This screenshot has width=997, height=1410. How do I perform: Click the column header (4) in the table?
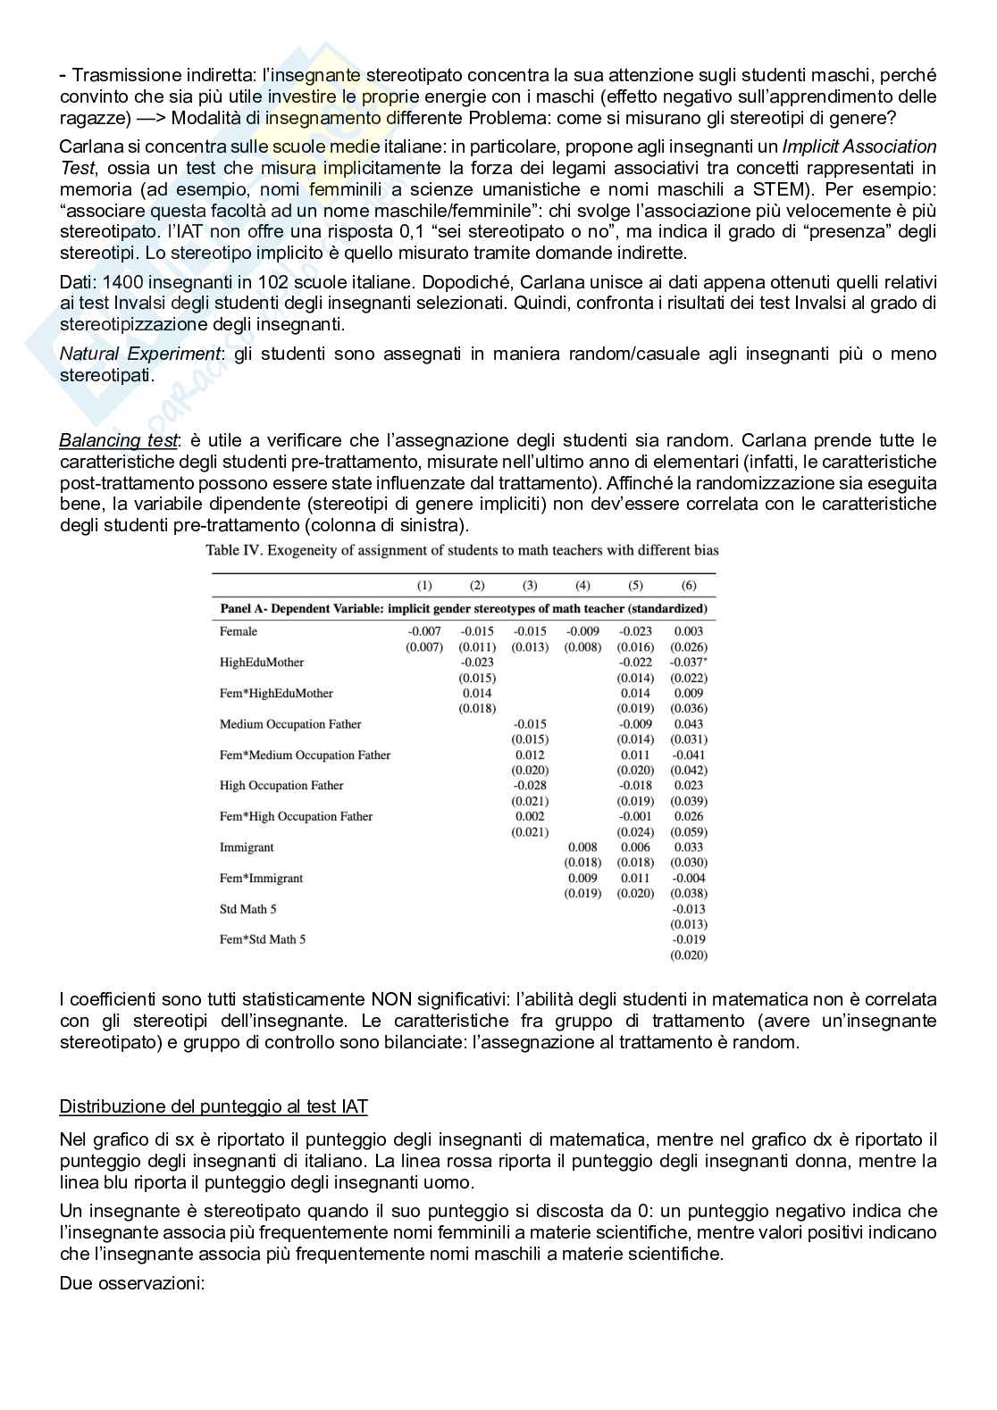(x=582, y=585)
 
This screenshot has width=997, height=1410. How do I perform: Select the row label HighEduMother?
(x=261, y=663)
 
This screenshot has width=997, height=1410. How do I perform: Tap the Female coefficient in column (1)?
(x=424, y=631)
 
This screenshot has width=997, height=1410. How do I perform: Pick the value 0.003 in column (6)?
(x=689, y=631)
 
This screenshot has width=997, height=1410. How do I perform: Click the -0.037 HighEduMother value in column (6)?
(x=689, y=663)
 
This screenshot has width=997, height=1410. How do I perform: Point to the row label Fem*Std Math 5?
(x=263, y=939)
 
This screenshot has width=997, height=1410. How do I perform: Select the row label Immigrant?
(x=247, y=847)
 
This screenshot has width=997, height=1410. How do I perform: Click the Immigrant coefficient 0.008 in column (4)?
(x=582, y=847)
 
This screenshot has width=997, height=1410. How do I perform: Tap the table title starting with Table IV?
(x=462, y=550)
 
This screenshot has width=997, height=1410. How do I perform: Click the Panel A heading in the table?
(x=463, y=609)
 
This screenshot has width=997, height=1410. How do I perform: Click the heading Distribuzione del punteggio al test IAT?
(x=214, y=1107)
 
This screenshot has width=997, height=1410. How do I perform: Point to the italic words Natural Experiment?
(x=139, y=355)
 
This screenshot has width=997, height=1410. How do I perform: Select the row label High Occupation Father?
(x=281, y=786)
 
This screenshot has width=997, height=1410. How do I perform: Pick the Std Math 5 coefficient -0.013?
(x=689, y=909)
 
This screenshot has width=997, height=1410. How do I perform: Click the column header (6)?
(x=689, y=585)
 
